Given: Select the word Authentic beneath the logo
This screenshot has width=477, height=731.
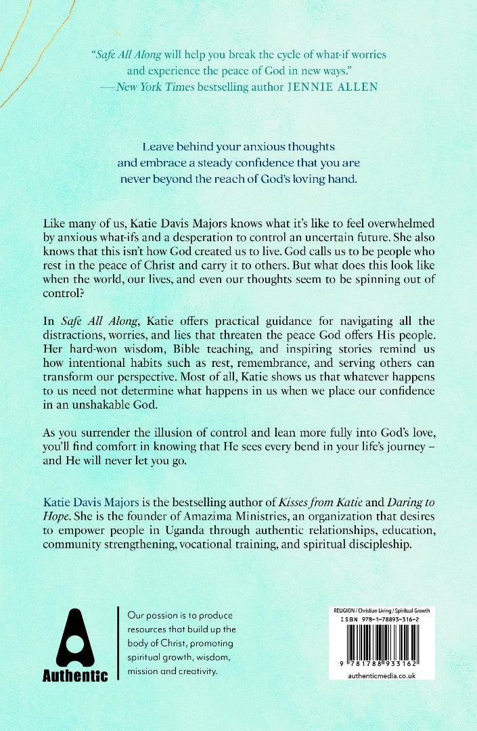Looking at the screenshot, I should click(75, 675).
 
